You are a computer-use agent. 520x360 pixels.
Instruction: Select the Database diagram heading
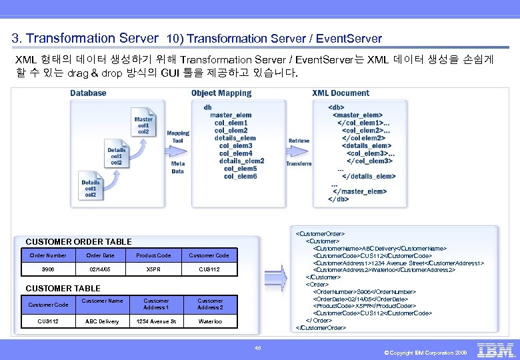(88, 93)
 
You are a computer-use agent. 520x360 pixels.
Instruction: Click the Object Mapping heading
(221, 93)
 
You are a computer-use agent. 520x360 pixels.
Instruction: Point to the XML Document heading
(341, 93)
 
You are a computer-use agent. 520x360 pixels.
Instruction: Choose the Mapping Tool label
(178, 137)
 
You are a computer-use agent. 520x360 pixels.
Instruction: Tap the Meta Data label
(178, 167)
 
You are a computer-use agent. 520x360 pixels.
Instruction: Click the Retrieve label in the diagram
(299, 141)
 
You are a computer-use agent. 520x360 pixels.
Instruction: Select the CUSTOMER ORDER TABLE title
(79, 241)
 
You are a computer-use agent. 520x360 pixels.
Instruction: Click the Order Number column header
(48, 255)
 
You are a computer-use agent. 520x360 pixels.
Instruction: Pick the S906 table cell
(48, 269)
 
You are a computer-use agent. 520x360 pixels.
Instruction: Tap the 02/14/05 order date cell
(100, 269)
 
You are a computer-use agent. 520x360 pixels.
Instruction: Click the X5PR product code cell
(153, 269)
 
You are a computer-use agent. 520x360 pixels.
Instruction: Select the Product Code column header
(153, 255)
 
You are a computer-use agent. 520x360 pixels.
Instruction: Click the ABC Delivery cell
(102, 321)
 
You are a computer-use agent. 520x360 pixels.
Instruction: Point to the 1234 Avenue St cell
(156, 321)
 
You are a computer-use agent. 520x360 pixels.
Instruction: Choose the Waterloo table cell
(210, 321)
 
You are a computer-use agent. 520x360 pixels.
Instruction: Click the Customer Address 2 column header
(210, 304)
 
